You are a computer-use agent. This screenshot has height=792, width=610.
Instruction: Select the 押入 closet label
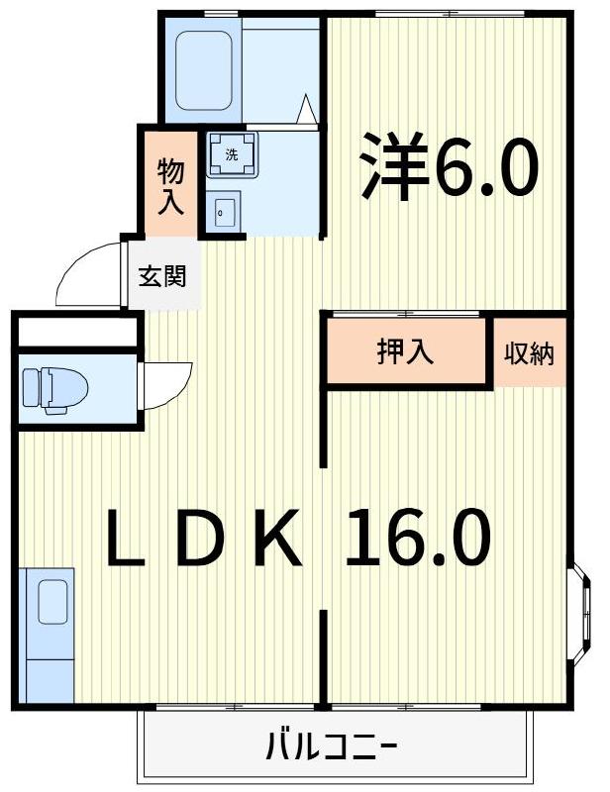405,352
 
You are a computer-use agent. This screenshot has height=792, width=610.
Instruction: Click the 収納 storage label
530,352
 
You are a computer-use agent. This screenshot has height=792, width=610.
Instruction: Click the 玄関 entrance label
161,276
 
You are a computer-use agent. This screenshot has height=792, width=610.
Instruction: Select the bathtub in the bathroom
204,74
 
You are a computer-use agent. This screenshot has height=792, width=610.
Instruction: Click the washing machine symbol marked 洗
232,155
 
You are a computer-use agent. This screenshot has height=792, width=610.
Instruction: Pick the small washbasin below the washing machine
224,210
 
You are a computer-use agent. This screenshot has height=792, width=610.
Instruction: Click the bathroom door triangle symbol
308,108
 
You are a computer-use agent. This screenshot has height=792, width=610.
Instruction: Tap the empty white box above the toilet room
75,332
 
